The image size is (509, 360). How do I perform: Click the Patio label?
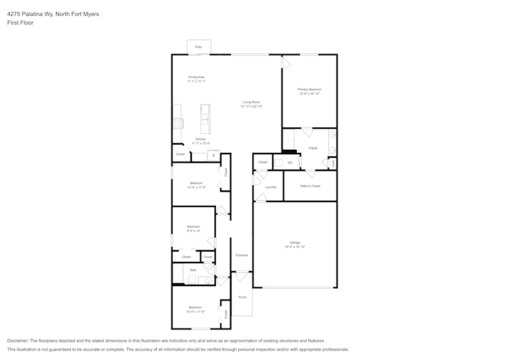coord(199,47)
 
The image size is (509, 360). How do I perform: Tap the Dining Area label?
coord(196,77)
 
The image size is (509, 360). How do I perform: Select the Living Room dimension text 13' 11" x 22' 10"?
coord(251,106)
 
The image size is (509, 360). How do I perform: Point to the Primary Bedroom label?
coord(309,90)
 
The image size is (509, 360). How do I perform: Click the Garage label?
coord(295,242)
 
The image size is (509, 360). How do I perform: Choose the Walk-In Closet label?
coord(310,186)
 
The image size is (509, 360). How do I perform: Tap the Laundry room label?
coord(271,187)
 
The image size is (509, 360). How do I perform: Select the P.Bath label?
coord(313,148)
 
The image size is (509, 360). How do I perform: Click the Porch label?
coord(242,297)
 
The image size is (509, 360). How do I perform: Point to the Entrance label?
coord(241,255)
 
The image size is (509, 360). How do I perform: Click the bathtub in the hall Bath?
coord(178,274)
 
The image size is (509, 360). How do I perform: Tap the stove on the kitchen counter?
coord(178,124)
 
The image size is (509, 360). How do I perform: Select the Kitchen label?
coord(201,139)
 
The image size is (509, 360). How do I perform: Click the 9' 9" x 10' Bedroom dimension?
coord(193,231)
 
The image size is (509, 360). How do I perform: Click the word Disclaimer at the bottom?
coord(17,341)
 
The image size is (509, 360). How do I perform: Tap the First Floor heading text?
coord(20,23)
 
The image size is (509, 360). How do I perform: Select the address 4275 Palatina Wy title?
coord(30,14)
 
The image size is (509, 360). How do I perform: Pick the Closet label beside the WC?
coord(263,162)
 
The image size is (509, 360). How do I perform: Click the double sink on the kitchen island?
coord(205,119)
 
